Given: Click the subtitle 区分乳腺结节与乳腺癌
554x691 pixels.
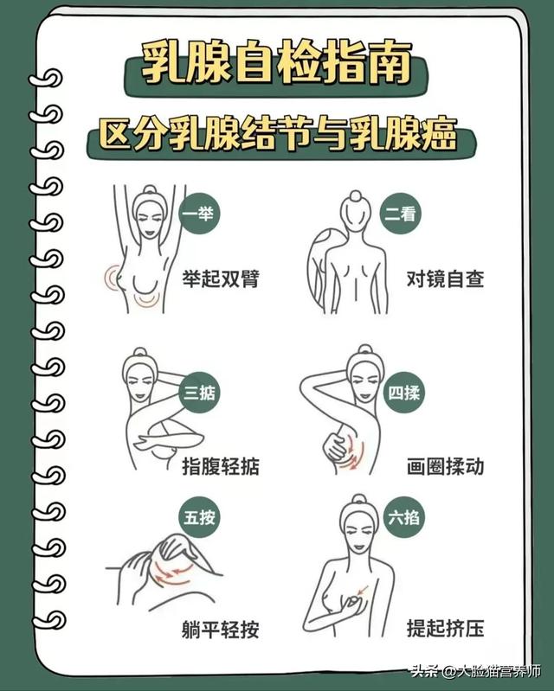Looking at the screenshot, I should [x=277, y=136].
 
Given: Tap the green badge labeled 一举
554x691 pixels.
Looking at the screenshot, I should [x=199, y=214].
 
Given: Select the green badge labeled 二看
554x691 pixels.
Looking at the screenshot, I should [x=401, y=214].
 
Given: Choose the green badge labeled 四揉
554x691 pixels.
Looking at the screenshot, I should [x=403, y=393].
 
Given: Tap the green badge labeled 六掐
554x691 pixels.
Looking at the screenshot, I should [x=401, y=520].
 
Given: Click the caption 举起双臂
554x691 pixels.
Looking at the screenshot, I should [x=220, y=278].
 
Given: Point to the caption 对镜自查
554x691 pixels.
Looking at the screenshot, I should [x=445, y=278].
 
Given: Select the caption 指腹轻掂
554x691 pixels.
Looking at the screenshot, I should [x=220, y=466].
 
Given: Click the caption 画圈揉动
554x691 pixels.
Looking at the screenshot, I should [x=445, y=466].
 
